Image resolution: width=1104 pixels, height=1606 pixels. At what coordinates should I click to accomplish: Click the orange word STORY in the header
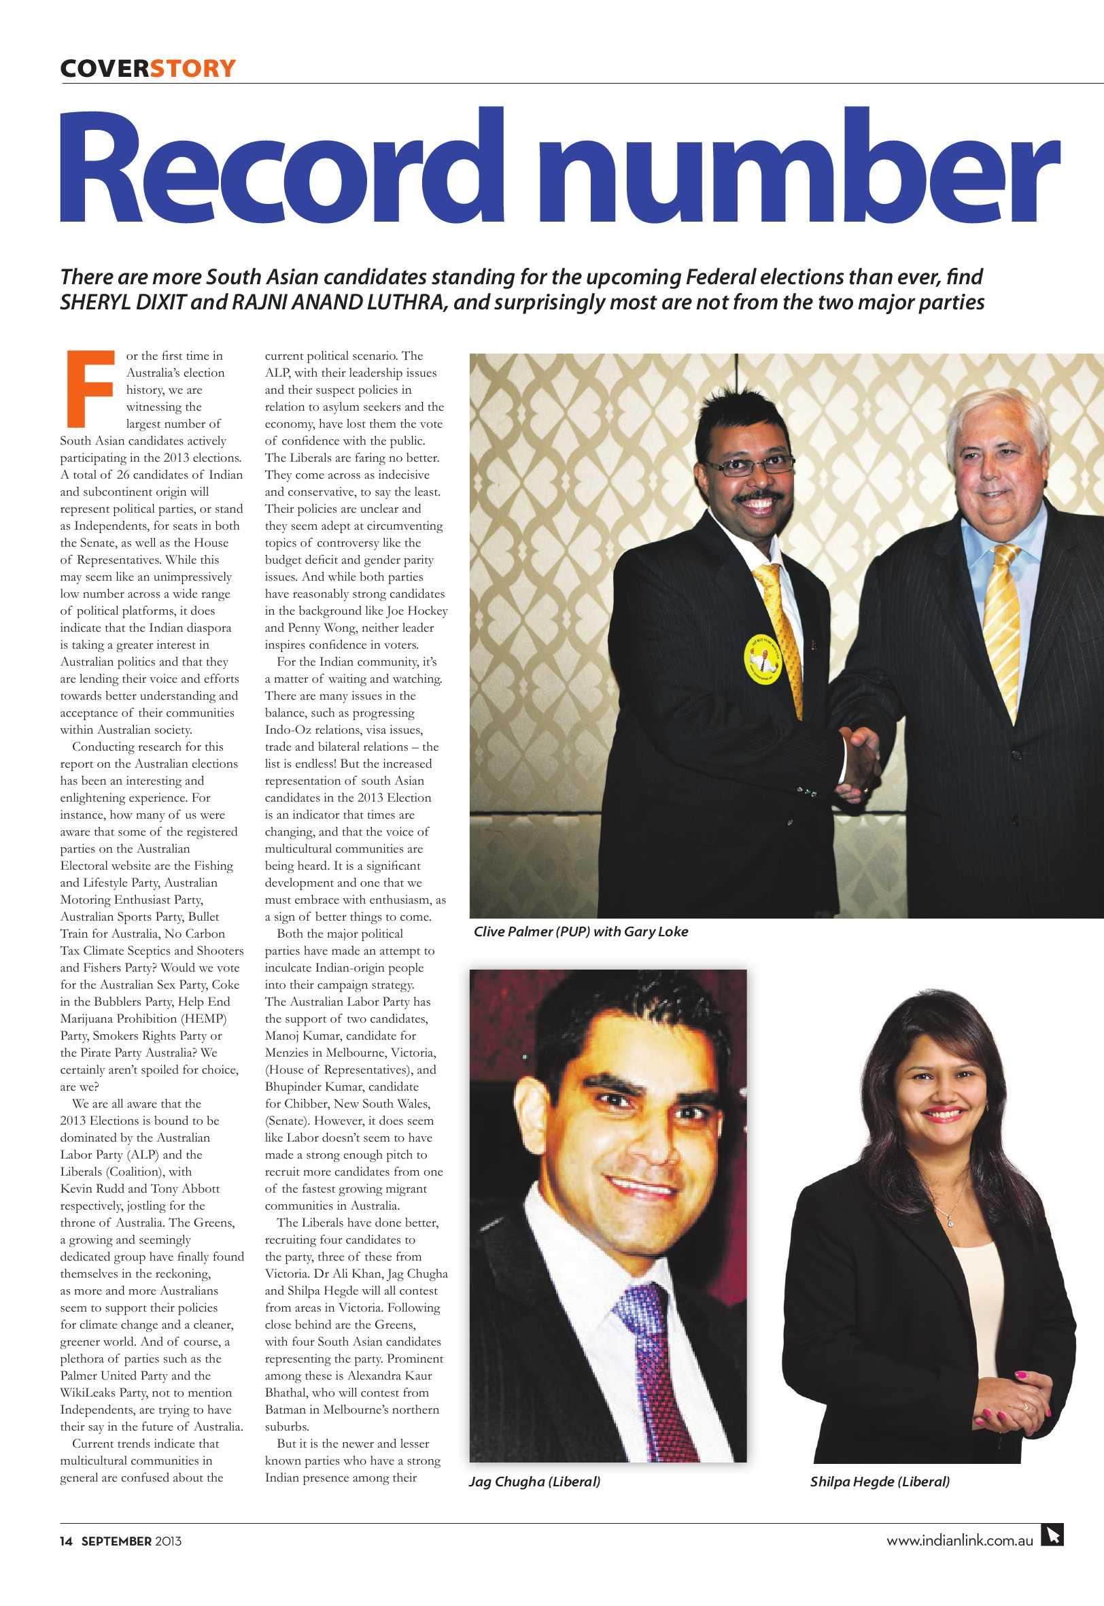193,69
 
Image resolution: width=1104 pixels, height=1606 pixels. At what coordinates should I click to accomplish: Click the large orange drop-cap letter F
89,388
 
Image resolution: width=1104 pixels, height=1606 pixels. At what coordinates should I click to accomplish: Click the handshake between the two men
859,753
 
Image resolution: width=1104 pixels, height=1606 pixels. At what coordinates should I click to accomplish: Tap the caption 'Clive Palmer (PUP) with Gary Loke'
581,932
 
